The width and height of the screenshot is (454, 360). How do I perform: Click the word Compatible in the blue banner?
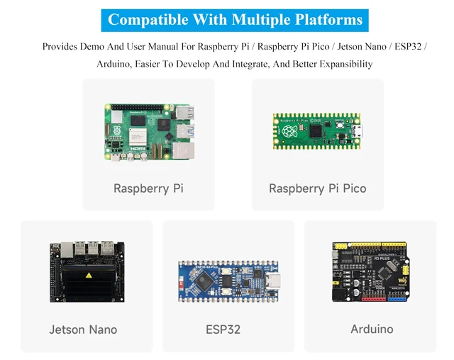(148, 21)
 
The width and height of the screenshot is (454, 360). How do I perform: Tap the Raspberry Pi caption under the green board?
(148, 189)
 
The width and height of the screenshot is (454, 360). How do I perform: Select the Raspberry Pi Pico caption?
(318, 189)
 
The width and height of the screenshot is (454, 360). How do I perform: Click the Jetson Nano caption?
(83, 330)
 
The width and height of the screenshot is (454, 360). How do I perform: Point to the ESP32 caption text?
(223, 330)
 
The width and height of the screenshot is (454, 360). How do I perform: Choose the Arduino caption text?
(372, 329)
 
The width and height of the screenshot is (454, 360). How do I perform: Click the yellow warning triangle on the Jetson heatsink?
(89, 275)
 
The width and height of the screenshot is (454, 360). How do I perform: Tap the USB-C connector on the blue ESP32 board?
(272, 281)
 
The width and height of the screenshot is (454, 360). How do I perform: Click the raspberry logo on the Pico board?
(289, 132)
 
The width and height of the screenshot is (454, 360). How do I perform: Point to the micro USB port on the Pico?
(357, 132)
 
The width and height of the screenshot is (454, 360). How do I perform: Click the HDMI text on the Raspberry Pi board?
(138, 149)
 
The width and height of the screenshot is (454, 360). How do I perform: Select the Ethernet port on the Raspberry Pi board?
(183, 151)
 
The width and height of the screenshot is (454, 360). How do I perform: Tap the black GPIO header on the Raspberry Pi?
(137, 107)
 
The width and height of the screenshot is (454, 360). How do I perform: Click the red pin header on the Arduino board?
(374, 299)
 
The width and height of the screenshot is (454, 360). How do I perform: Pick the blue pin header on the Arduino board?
(397, 299)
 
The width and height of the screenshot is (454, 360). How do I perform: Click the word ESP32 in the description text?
(408, 47)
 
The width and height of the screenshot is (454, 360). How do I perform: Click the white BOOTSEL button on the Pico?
(340, 125)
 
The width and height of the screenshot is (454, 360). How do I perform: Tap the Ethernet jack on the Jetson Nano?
(67, 250)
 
